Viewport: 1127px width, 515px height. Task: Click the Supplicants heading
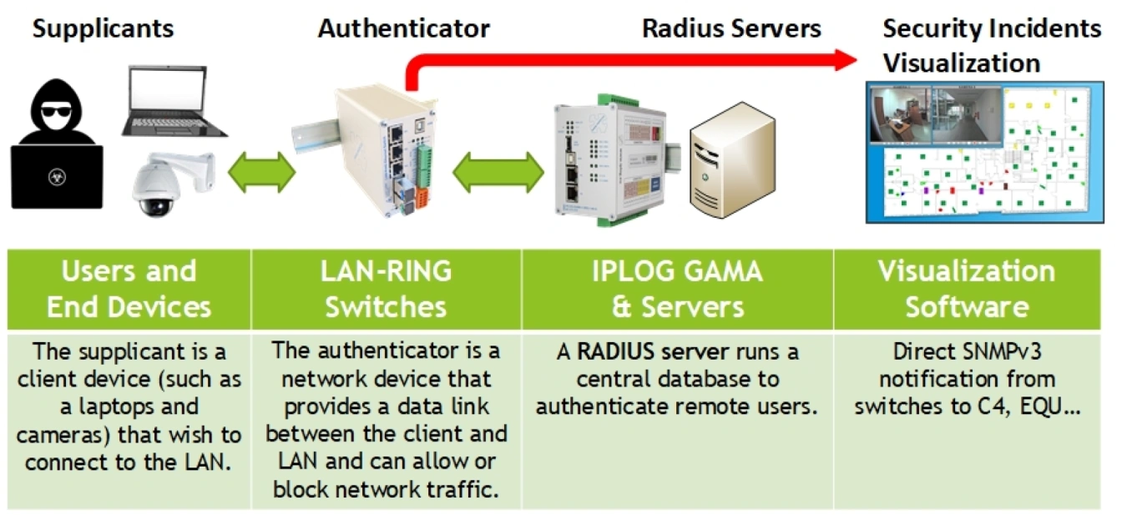pyautogui.click(x=103, y=29)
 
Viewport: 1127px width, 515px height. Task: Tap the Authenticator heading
pyautogui.click(x=404, y=29)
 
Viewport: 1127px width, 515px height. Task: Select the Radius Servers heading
pyautogui.click(x=731, y=29)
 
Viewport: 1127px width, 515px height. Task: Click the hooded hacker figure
pyautogui.click(x=56, y=150)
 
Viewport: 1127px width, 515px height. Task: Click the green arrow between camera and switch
pyautogui.click(x=262, y=172)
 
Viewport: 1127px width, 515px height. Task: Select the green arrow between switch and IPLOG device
pyautogui.click(x=498, y=172)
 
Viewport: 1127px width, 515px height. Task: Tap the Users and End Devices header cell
pyautogui.click(x=129, y=289)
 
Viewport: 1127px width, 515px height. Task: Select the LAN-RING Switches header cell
pyautogui.click(x=386, y=289)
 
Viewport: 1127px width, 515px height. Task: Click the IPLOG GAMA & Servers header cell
pyautogui.click(x=677, y=289)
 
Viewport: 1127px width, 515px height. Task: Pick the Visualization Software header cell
pyautogui.click(x=967, y=289)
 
